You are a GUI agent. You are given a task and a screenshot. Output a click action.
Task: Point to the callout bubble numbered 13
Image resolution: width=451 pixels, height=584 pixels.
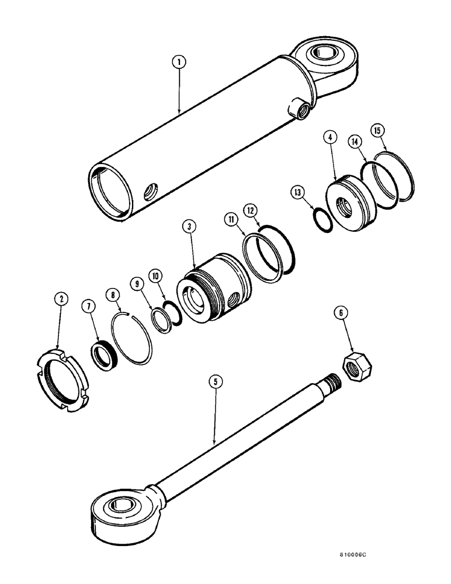(x=299, y=192)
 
